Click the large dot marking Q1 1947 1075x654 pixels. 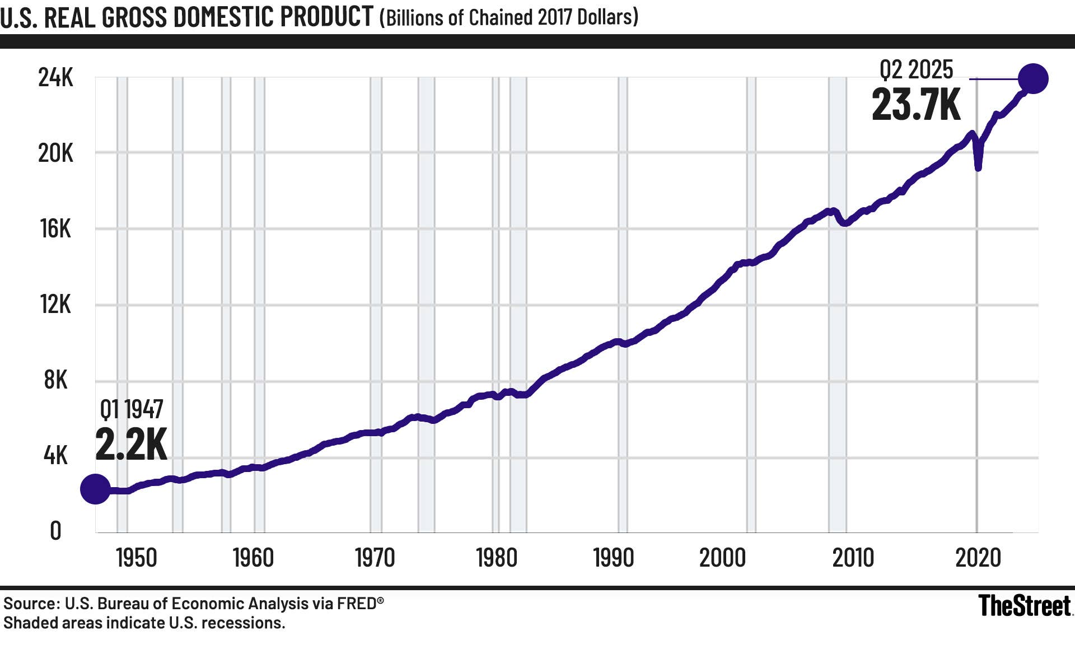(95, 489)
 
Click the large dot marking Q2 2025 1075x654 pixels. (1032, 78)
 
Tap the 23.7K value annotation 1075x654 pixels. (916, 105)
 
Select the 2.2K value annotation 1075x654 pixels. (131, 445)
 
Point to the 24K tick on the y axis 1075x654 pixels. (55, 77)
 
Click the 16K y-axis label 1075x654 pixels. (55, 229)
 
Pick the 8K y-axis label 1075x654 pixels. (55, 380)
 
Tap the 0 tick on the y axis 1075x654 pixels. (55, 531)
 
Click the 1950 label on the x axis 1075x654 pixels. (136, 558)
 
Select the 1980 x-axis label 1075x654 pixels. (496, 558)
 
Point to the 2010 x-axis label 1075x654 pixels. (853, 558)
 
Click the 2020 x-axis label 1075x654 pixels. (978, 558)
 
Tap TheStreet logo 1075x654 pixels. (1024, 606)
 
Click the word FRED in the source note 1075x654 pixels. (356, 604)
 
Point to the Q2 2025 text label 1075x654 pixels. (916, 70)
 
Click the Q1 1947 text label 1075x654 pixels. (132, 409)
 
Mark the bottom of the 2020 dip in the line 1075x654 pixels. (978, 167)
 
